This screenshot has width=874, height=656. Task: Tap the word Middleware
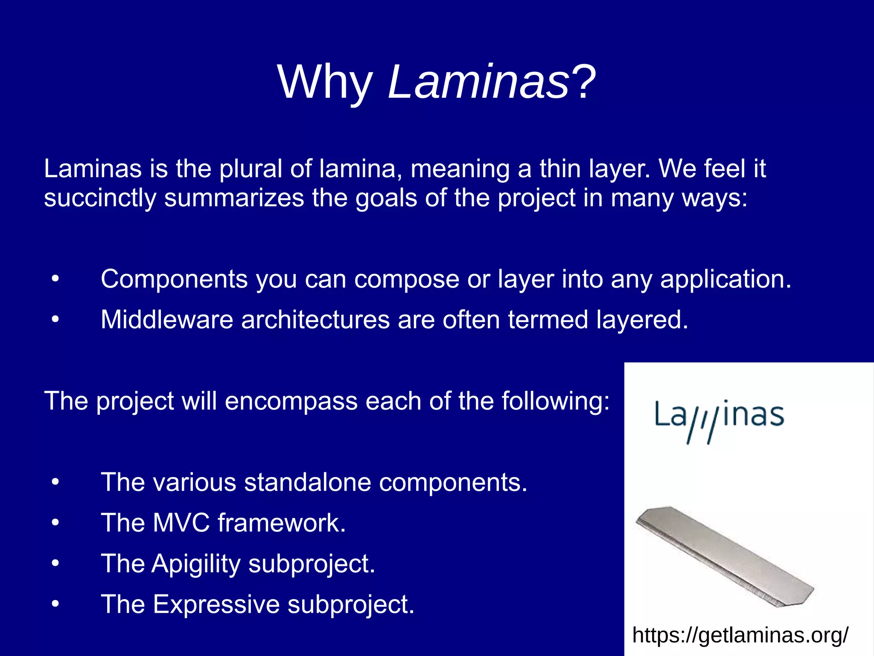(x=167, y=319)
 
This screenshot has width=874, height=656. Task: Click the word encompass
(x=291, y=401)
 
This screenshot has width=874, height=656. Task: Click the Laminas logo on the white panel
(x=720, y=420)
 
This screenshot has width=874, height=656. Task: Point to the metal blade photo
(x=725, y=555)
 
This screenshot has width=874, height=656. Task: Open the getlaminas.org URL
(x=740, y=635)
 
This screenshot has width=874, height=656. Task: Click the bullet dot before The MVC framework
(x=55, y=523)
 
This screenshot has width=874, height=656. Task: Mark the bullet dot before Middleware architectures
(x=55, y=320)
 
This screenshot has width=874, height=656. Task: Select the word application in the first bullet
(x=725, y=280)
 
